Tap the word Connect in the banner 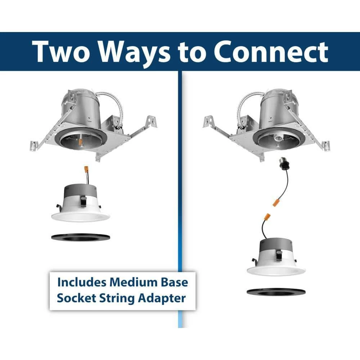coord(271,52)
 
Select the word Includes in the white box coord(81,282)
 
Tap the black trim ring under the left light coord(81,238)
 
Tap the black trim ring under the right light coord(276,292)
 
